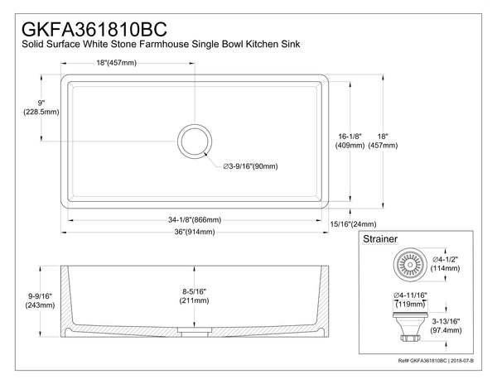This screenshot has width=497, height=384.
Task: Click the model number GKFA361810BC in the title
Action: coord(94,17)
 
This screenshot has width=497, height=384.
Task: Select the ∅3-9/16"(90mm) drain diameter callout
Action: coord(251,166)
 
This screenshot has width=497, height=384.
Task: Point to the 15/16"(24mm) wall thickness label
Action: coord(354,224)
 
